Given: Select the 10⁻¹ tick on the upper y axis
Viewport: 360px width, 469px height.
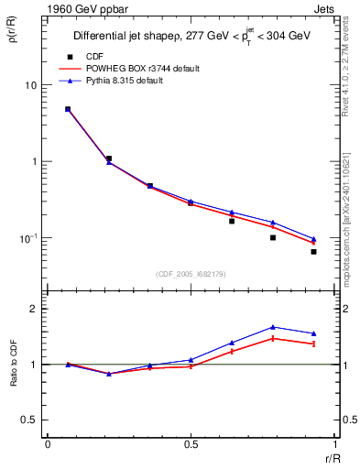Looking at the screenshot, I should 29,237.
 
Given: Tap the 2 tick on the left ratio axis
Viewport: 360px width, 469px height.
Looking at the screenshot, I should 35,309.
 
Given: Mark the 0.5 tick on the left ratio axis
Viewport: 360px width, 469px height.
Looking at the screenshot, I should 30,420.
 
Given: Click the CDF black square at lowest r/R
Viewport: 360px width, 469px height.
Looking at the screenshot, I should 68,109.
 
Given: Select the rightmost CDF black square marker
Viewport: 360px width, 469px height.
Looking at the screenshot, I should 313,251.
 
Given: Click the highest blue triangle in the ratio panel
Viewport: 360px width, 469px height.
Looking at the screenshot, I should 273,327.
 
